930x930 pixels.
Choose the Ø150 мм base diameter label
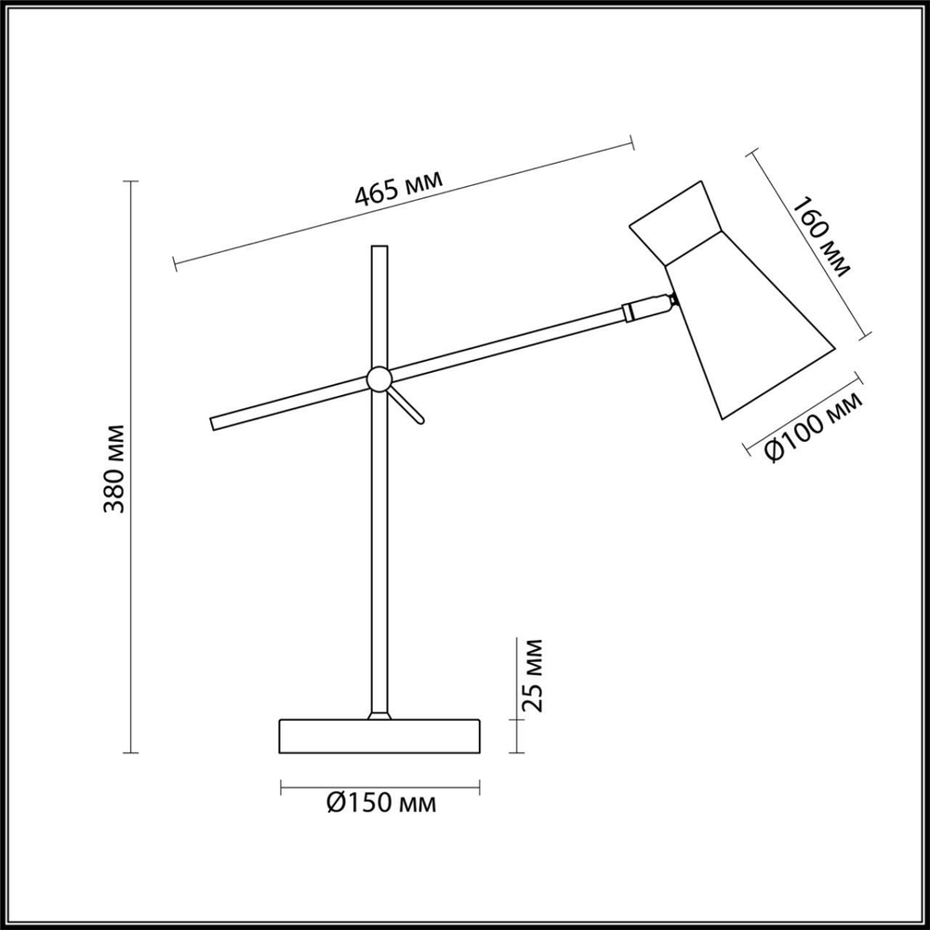click(x=381, y=802)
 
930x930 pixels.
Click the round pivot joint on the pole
click(x=379, y=379)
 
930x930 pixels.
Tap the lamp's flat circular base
click(x=379, y=736)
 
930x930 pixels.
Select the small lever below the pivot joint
click(x=408, y=405)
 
